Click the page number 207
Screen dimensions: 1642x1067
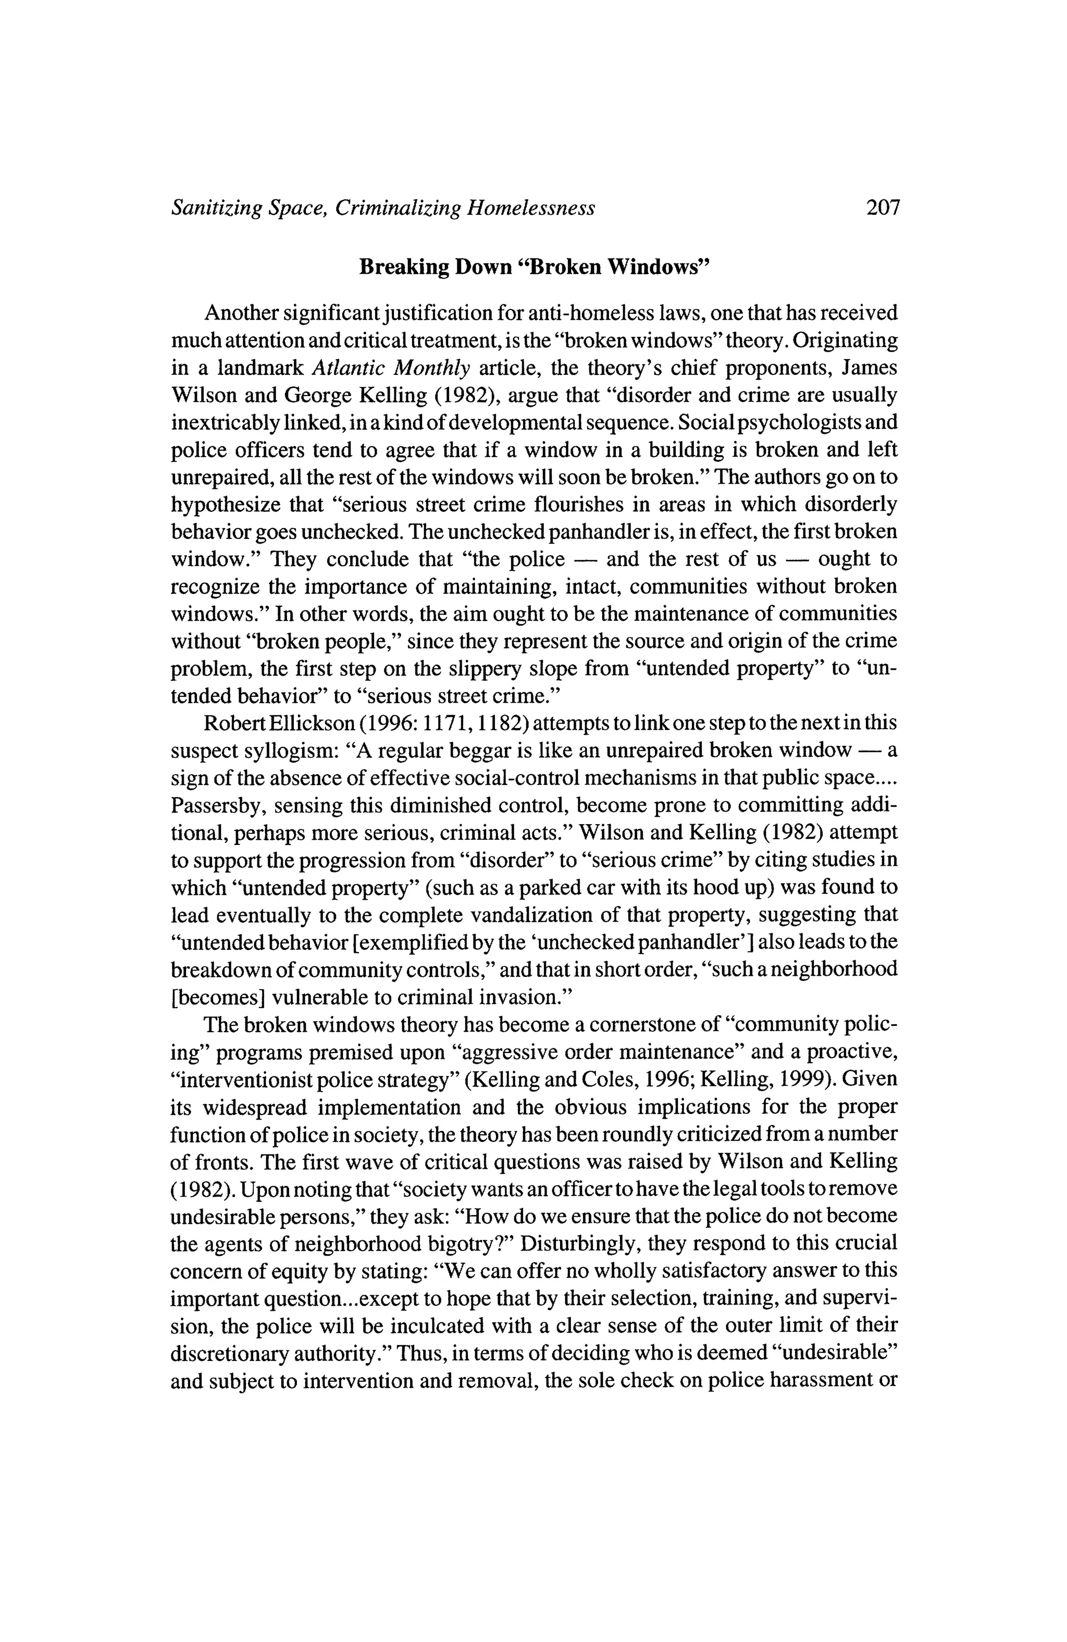tap(883, 207)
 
